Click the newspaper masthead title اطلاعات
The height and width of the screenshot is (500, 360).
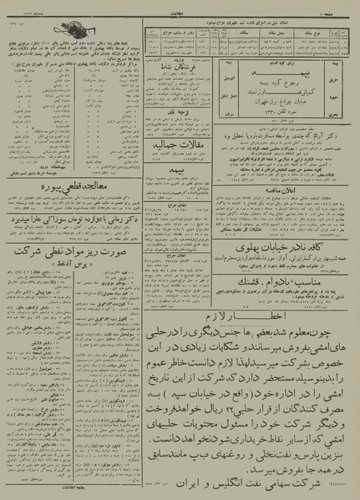[178, 7]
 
